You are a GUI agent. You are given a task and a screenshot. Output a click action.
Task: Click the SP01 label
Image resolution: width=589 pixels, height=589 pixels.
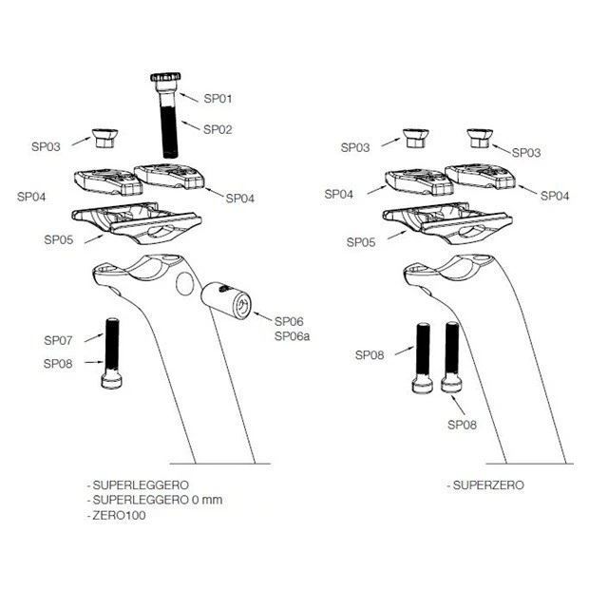click(x=218, y=98)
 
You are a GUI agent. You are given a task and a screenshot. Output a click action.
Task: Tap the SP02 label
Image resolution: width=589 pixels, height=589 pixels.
click(x=218, y=127)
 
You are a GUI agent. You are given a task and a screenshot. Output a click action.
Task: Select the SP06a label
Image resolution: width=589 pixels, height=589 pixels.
click(x=293, y=336)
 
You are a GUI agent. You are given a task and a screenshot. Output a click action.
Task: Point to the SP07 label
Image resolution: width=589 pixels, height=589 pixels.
click(x=58, y=339)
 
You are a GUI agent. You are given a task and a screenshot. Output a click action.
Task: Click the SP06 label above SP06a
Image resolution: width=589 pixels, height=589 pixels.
click(x=289, y=321)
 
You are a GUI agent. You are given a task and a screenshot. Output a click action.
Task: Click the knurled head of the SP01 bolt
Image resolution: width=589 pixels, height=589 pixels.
click(x=166, y=79)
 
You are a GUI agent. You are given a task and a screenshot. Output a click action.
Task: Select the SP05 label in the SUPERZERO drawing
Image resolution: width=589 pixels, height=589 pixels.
click(x=360, y=242)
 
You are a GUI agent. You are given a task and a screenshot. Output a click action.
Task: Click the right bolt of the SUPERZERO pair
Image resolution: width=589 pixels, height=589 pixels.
click(x=451, y=357)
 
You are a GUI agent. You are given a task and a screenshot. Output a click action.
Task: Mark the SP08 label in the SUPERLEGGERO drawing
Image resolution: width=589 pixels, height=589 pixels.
click(x=58, y=362)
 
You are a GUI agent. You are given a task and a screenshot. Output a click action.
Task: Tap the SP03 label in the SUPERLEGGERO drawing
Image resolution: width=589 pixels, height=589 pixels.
click(x=46, y=146)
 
